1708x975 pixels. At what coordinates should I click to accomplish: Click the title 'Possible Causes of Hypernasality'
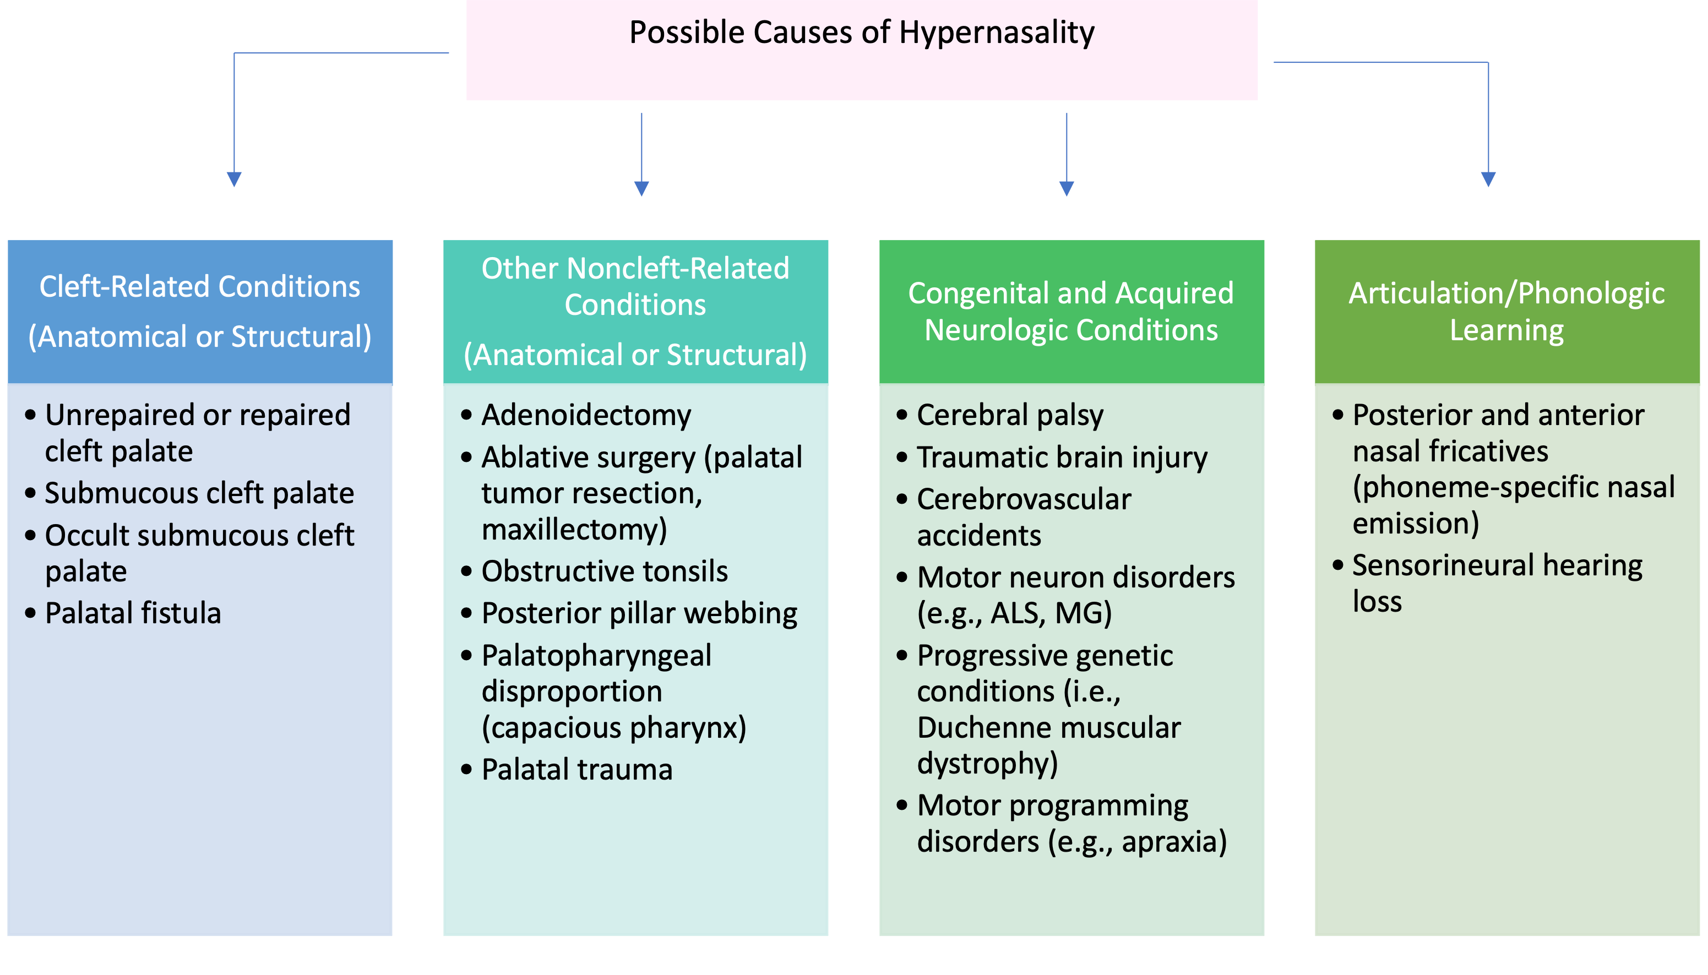click(861, 32)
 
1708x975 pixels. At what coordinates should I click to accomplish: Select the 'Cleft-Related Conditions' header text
click(199, 287)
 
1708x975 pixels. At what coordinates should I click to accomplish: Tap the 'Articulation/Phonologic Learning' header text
click(1506, 312)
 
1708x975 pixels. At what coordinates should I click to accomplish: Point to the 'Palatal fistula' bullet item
click(133, 613)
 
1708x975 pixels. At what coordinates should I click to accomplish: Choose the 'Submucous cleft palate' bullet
click(199, 493)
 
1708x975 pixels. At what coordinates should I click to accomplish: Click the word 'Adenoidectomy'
click(586, 415)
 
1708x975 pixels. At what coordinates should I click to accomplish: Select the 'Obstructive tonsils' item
click(604, 571)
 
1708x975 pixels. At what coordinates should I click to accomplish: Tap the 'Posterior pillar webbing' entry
click(639, 613)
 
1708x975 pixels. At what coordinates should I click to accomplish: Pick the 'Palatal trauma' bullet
click(576, 770)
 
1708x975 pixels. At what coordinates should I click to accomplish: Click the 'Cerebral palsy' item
click(1010, 415)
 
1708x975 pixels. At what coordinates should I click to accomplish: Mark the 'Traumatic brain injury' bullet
click(1062, 457)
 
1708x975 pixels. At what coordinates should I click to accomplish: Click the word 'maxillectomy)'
click(574, 530)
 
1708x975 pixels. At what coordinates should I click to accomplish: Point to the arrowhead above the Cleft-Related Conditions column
click(233, 179)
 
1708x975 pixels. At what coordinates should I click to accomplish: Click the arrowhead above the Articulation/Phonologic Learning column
click(1488, 179)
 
